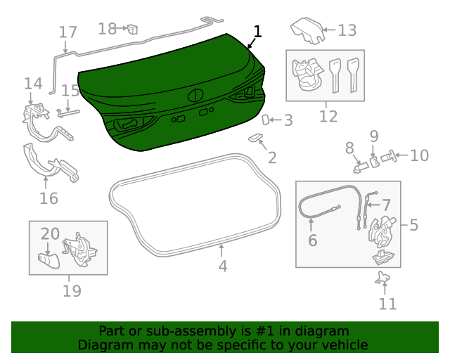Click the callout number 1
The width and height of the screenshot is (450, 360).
pos(257,32)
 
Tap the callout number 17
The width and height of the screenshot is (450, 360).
pos(67,32)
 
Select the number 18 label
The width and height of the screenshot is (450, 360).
pos(108,29)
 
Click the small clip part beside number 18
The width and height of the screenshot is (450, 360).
pos(131,29)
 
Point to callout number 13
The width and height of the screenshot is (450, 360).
pos(347,30)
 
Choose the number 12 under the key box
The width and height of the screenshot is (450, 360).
pos(328,116)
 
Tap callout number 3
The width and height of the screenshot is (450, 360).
pos(288,120)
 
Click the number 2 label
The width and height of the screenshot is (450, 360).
pos(271,158)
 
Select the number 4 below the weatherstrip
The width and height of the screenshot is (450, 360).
pos(222,266)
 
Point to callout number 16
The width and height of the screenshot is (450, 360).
pos(49,198)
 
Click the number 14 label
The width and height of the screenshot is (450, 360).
pos(33,84)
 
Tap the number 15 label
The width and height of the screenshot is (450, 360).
pos(71,91)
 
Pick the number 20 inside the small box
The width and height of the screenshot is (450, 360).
pos(50,233)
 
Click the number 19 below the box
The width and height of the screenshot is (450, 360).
pos(72,290)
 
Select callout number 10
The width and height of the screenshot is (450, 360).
pos(419,155)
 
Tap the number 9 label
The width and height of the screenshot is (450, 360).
pos(374,135)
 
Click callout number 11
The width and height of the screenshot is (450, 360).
pos(387,304)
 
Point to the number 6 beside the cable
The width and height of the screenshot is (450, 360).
pos(313,240)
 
